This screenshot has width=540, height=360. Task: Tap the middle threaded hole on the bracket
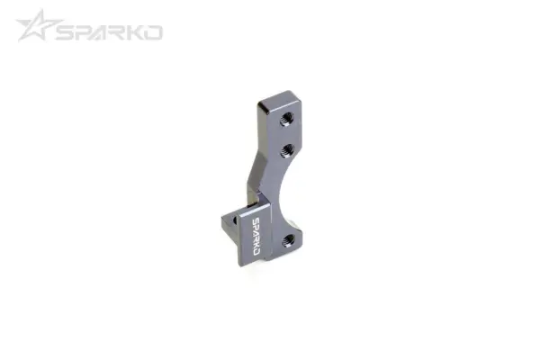click(285, 148)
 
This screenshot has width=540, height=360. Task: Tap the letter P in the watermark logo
click(87, 31)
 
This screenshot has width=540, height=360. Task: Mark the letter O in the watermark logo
click(157, 31)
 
